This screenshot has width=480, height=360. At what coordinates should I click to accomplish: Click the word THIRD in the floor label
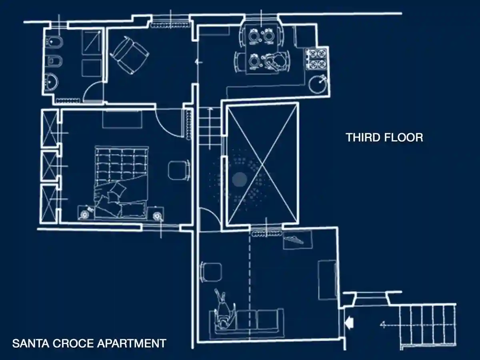[363, 138]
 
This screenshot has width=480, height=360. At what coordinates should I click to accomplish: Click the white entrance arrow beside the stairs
[349, 323]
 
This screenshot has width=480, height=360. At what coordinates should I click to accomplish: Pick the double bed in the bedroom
[121, 182]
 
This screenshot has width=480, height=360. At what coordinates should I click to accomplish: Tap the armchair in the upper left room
[130, 55]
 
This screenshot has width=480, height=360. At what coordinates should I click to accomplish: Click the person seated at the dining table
[275, 61]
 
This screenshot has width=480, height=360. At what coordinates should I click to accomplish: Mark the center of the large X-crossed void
[262, 164]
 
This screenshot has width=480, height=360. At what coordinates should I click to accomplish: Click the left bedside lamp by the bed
[84, 215]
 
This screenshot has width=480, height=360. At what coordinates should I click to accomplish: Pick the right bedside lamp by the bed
[156, 216]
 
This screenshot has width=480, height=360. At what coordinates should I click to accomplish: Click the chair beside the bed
[179, 170]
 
